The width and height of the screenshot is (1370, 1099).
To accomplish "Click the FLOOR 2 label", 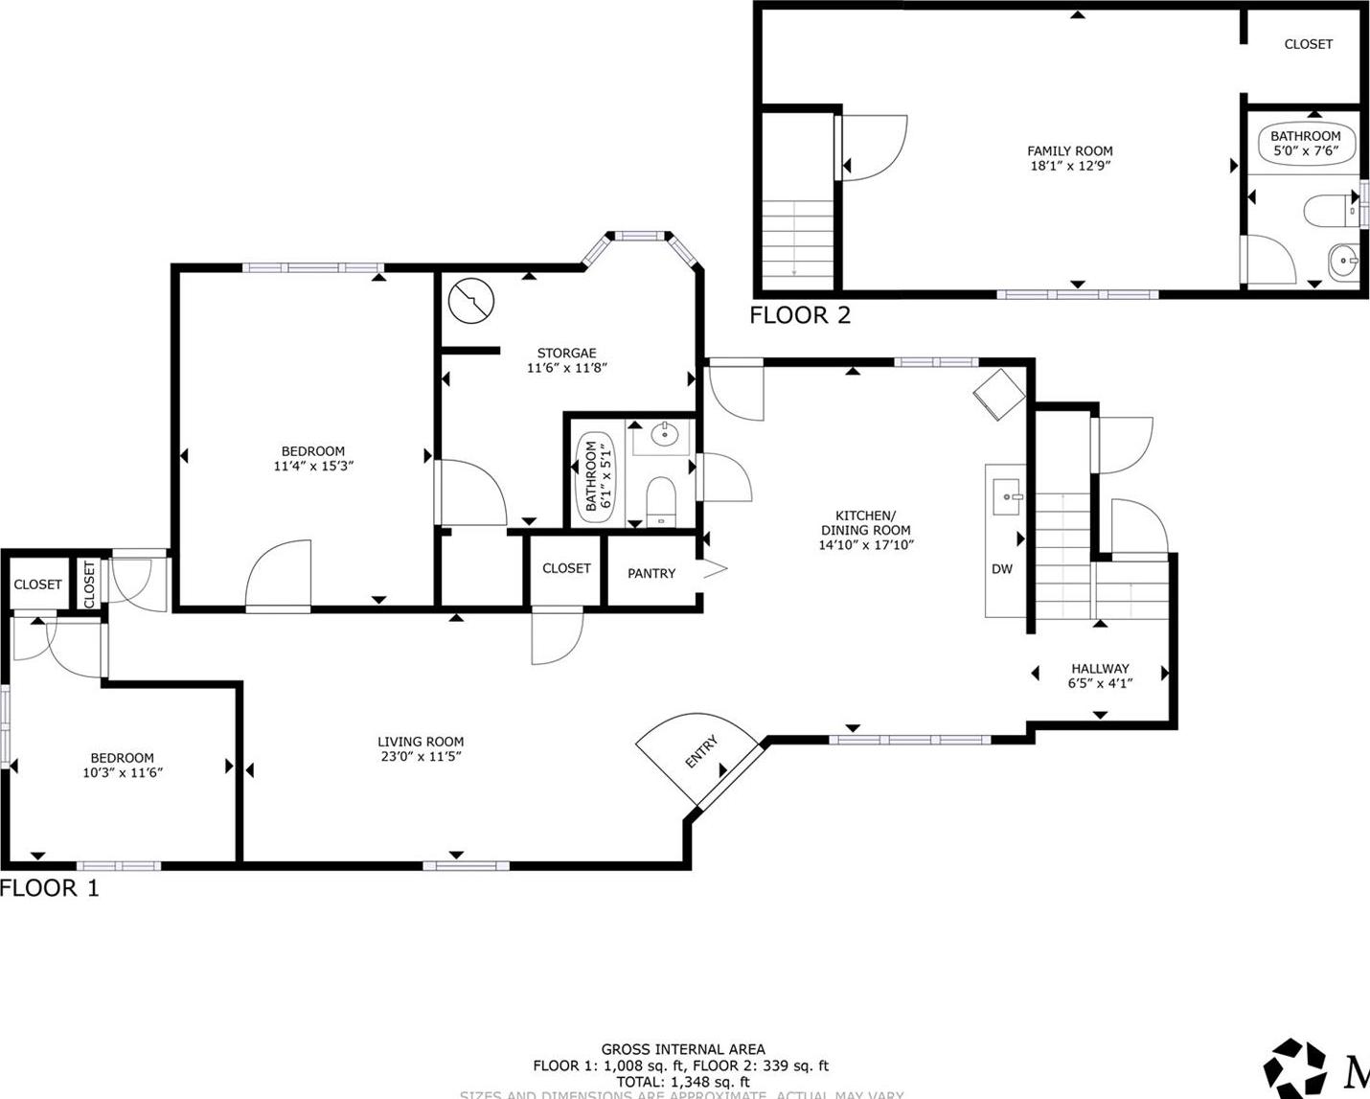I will (800, 315).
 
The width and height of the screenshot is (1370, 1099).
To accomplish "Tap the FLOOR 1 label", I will (49, 888).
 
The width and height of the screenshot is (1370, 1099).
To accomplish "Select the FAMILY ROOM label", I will (1069, 150).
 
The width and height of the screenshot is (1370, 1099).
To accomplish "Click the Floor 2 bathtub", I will (1305, 143).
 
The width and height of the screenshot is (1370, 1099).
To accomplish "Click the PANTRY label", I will (651, 573).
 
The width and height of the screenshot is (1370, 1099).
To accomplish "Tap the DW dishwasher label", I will (1001, 569).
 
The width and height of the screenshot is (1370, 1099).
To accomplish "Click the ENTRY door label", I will (701, 752).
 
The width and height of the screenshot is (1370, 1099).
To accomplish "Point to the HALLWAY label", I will (1100, 668).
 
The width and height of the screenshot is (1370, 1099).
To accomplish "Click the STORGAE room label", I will (566, 354).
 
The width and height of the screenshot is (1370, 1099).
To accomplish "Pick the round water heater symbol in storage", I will (471, 301).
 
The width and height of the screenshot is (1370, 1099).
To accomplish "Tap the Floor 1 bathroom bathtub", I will (595, 476).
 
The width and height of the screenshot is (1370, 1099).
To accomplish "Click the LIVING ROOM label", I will (421, 742).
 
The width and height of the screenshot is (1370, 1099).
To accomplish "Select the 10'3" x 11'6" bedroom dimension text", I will (123, 772).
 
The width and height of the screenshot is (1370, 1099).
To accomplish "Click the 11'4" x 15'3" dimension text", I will (313, 467).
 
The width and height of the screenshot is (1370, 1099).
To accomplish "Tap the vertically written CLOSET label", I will (90, 584).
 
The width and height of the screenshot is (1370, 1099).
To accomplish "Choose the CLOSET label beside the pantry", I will (566, 568).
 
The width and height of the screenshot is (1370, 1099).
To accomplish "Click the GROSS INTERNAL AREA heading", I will (683, 1049).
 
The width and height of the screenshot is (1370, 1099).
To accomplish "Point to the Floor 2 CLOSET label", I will (1308, 44).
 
